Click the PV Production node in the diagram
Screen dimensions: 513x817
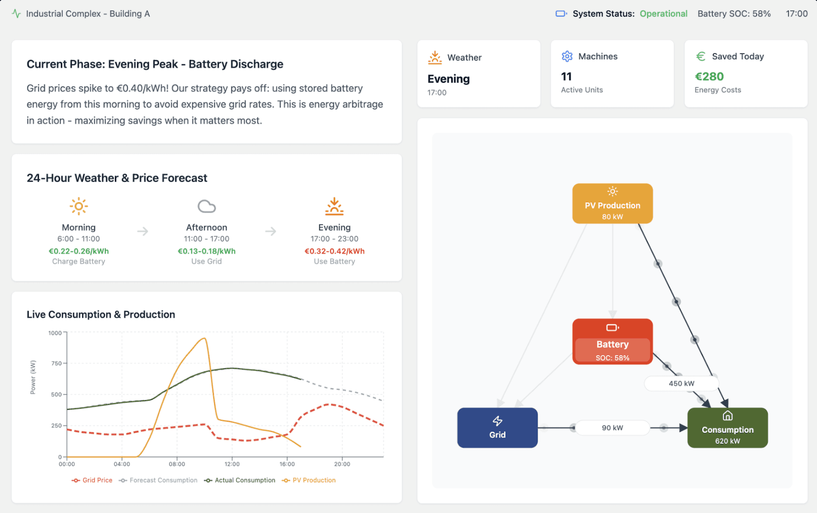612,204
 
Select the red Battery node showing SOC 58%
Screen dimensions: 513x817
612,342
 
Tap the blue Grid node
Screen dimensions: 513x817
497,428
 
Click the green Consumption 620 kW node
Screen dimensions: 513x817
727,428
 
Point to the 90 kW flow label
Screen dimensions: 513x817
612,428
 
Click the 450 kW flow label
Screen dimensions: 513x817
681,383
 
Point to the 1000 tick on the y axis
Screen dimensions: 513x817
55,333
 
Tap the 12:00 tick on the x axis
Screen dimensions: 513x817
232,464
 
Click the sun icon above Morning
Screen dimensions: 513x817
79,206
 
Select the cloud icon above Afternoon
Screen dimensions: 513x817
207,206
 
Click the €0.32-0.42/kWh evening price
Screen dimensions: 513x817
334,251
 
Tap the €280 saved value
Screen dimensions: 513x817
709,77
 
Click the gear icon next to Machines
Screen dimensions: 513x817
567,56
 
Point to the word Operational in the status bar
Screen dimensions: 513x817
663,14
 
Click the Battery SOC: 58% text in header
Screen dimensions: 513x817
734,14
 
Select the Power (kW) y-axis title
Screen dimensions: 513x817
33,377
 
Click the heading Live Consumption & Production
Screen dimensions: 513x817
101,314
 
